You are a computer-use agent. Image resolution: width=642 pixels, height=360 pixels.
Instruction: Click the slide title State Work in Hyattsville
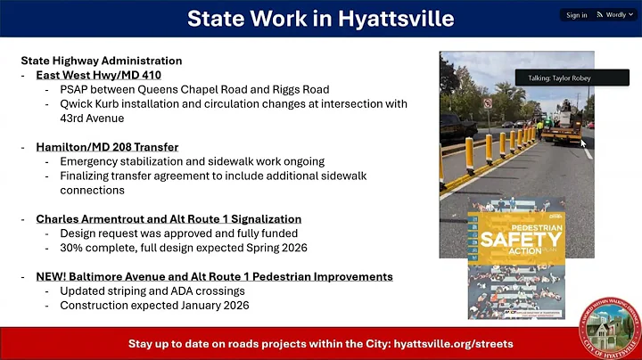321,18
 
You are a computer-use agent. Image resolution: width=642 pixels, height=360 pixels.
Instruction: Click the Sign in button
576,15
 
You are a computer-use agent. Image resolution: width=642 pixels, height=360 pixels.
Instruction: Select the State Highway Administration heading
102,61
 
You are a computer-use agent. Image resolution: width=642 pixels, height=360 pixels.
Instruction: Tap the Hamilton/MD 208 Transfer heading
107,147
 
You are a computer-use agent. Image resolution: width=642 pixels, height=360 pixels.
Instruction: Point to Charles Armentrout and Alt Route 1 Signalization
169,219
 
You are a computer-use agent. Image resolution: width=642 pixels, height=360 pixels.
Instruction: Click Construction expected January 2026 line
155,306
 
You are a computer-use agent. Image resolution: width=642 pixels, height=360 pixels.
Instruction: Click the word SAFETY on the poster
515,239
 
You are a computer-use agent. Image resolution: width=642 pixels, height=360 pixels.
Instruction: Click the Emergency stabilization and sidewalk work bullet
192,161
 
